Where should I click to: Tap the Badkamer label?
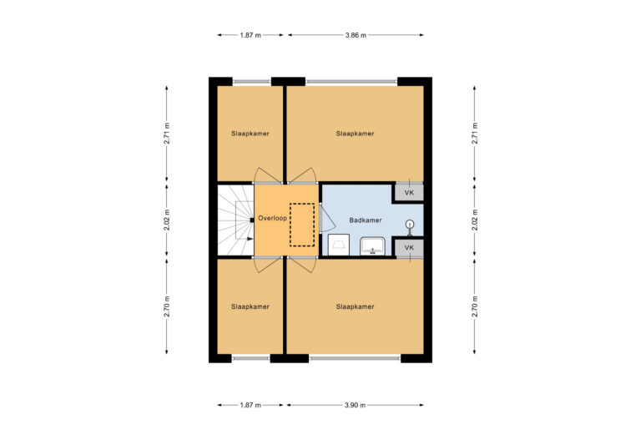click(366, 220)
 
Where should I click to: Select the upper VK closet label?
click(409, 193)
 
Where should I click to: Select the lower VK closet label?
click(409, 248)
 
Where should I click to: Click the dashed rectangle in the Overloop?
click(301, 225)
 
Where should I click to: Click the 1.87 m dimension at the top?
click(250, 36)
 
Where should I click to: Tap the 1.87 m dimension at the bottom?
click(250, 405)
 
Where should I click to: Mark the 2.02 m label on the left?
click(167, 220)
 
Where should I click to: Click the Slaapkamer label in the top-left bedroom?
click(250, 134)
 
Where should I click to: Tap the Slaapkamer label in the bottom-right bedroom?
click(355, 307)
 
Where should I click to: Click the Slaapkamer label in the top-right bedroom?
click(355, 134)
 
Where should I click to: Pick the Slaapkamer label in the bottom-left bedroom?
click(250, 307)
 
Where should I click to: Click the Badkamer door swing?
click(326, 219)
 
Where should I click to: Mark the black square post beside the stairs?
click(251, 220)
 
